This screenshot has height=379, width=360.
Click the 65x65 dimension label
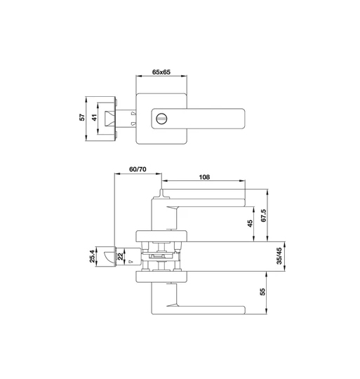[161, 72]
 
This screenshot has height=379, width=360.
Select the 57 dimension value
[83, 117]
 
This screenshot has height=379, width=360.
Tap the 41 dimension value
[95, 117]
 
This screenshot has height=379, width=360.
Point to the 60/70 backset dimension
[138, 169]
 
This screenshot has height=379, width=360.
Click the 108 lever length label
[204, 177]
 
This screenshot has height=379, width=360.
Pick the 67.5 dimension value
[263, 215]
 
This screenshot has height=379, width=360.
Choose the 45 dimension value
[251, 223]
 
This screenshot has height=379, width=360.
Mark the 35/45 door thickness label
[279, 256]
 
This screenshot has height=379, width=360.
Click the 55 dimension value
[262, 292]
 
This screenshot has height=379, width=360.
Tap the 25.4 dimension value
[92, 256]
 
